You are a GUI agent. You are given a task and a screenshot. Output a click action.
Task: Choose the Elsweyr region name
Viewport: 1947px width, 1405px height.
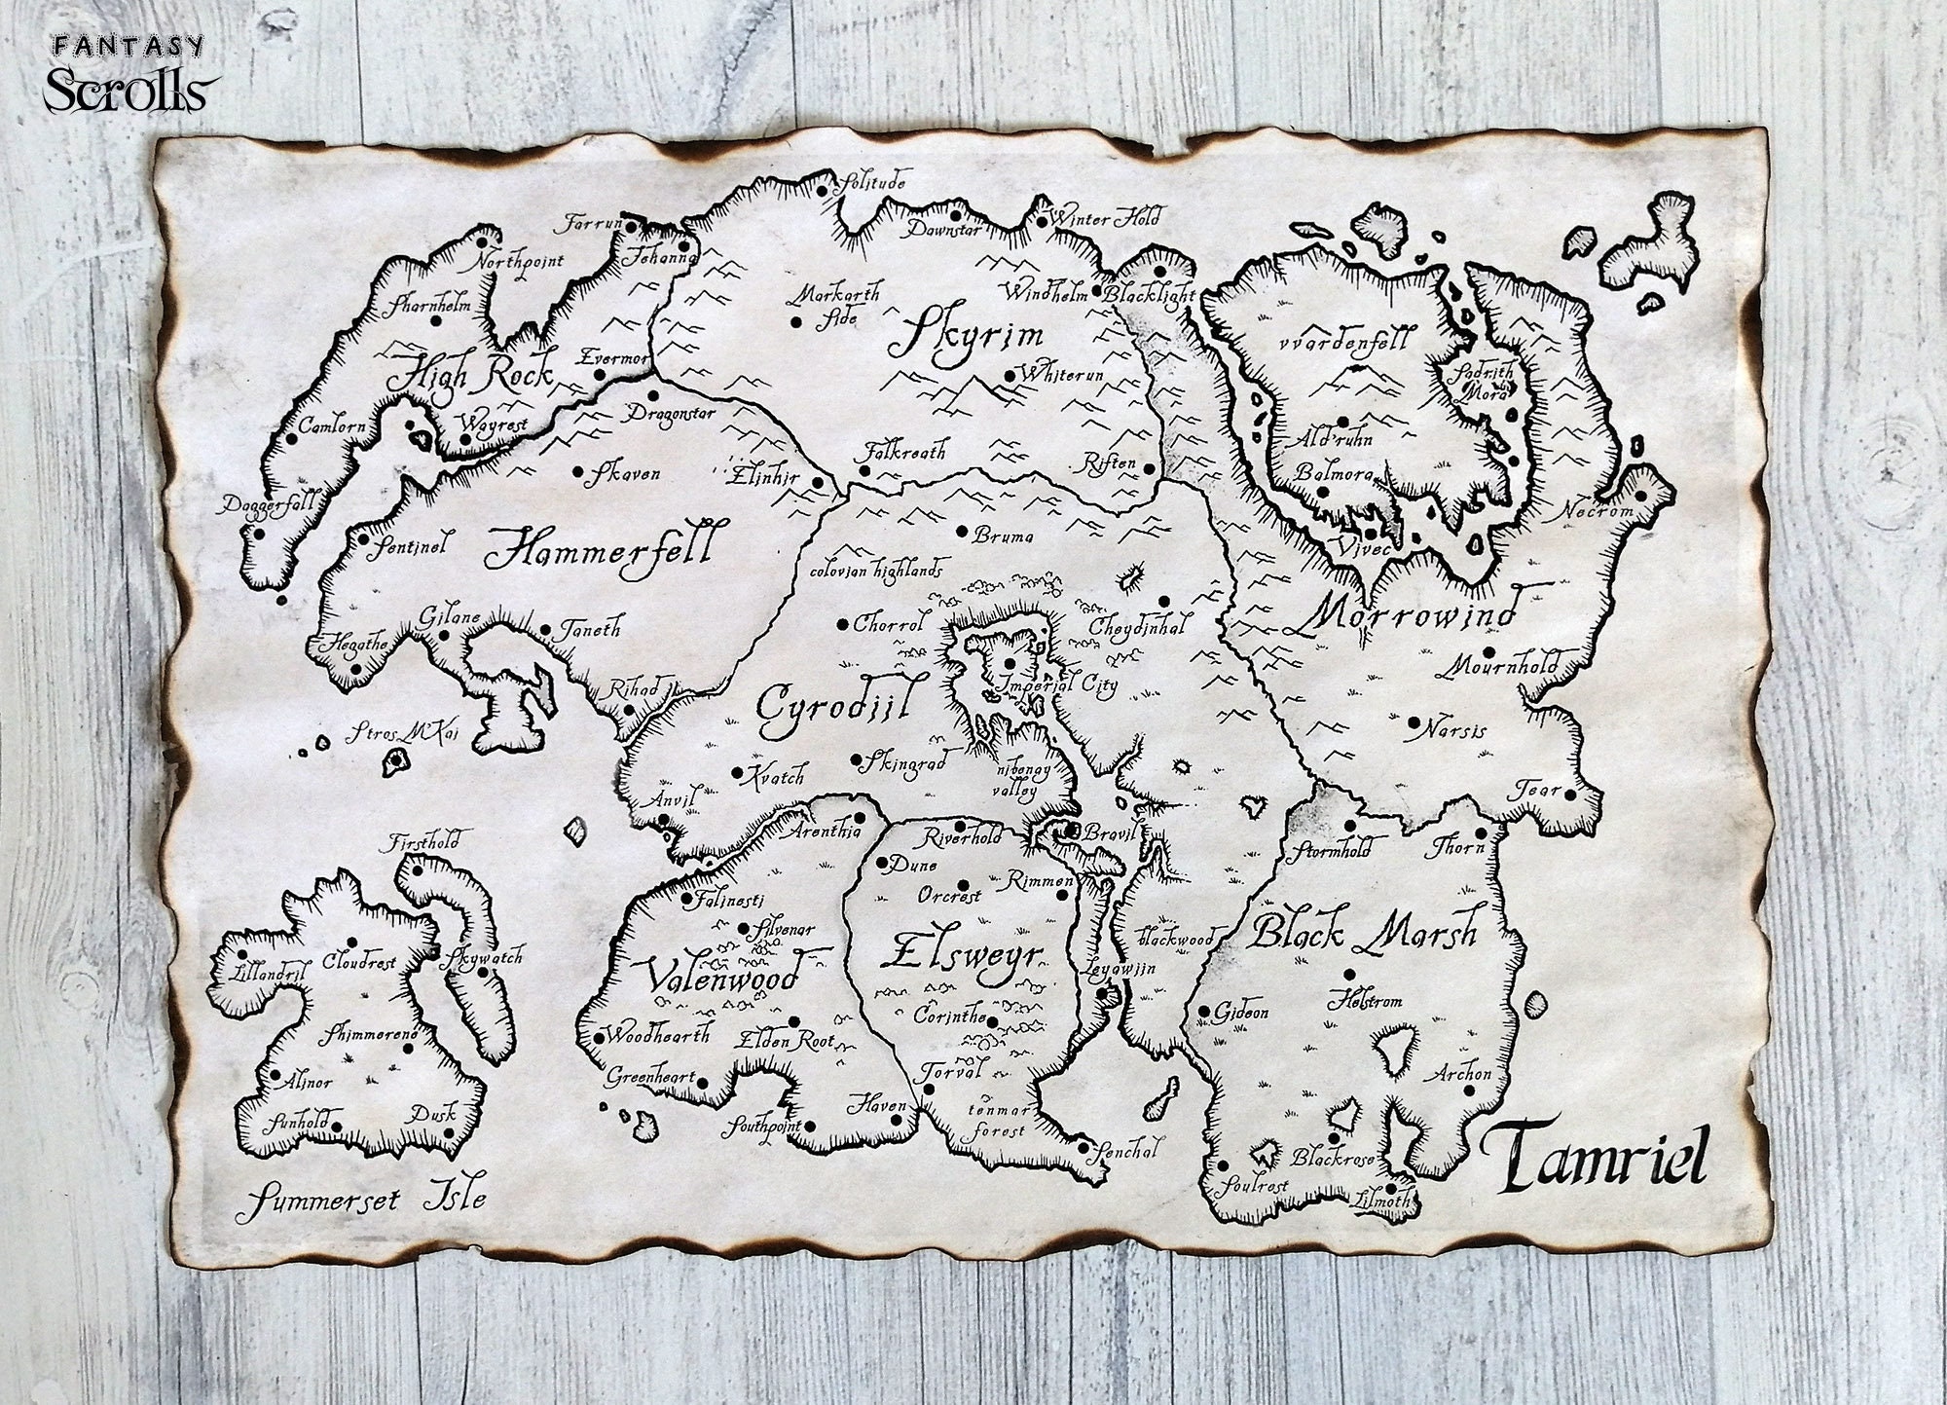tap(962, 952)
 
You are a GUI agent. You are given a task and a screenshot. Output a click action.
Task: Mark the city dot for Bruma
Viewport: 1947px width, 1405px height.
tap(962, 532)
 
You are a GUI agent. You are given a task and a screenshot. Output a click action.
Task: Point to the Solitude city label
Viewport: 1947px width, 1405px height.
tap(874, 181)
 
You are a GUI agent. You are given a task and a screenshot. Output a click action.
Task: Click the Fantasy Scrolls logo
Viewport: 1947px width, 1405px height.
tap(128, 74)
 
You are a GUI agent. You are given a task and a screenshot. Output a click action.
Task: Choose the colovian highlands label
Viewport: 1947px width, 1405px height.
tap(876, 568)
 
